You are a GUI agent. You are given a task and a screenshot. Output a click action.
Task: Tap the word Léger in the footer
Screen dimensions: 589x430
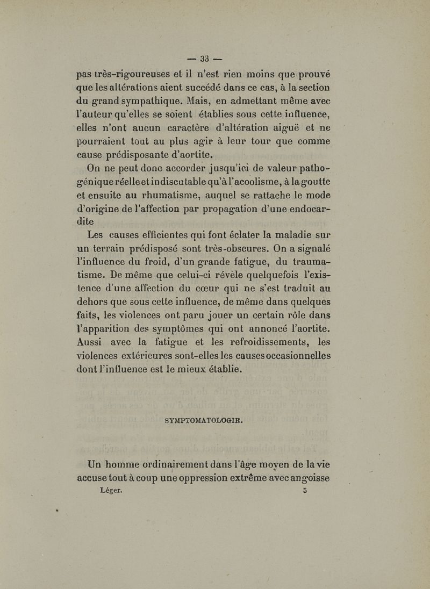[111, 490]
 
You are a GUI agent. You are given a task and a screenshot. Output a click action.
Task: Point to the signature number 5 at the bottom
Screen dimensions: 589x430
[305, 490]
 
